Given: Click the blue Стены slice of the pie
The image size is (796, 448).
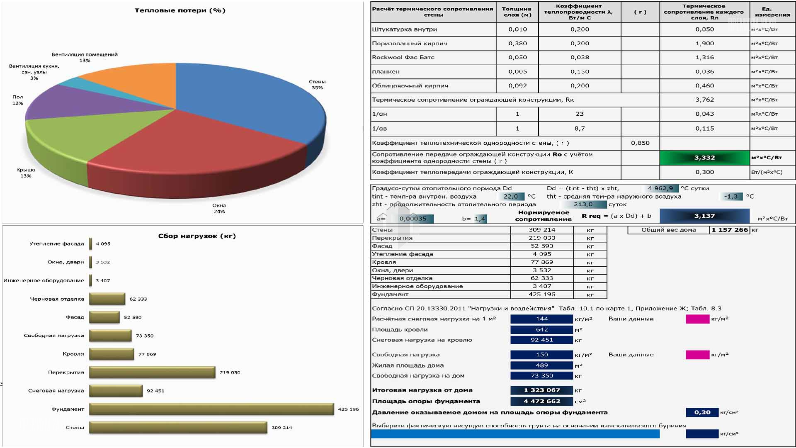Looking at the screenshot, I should click(x=245, y=100).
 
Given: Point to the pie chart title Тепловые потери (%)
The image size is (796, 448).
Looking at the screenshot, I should click(x=180, y=10).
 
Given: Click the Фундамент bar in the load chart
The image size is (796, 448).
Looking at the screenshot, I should click(x=211, y=409).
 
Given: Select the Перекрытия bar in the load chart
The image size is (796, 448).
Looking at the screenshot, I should click(x=152, y=372).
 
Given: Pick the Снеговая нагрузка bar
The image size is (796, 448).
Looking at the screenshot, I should click(x=116, y=391).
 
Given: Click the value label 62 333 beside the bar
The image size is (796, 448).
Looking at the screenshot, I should click(x=138, y=299).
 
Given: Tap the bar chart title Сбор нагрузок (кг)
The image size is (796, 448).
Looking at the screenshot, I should click(x=197, y=236).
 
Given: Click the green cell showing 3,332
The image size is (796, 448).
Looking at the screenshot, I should click(x=704, y=158).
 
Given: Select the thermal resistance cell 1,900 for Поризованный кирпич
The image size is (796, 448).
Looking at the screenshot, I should click(x=704, y=44).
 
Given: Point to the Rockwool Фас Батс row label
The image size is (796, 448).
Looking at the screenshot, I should click(x=403, y=58).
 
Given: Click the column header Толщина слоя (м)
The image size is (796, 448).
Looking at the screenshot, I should click(x=517, y=12).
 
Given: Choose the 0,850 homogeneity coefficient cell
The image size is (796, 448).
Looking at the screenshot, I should click(x=640, y=143).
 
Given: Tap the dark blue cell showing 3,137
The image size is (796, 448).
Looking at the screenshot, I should click(x=704, y=216).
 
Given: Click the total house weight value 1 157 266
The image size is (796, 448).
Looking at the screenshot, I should click(x=729, y=230).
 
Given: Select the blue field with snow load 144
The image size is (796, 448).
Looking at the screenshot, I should click(x=541, y=319).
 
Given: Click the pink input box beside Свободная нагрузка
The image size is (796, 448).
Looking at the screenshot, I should click(x=697, y=355).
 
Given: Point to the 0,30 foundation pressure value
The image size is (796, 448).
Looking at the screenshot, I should click(x=702, y=412).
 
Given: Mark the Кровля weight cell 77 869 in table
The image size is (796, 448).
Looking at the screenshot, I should click(x=541, y=262).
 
